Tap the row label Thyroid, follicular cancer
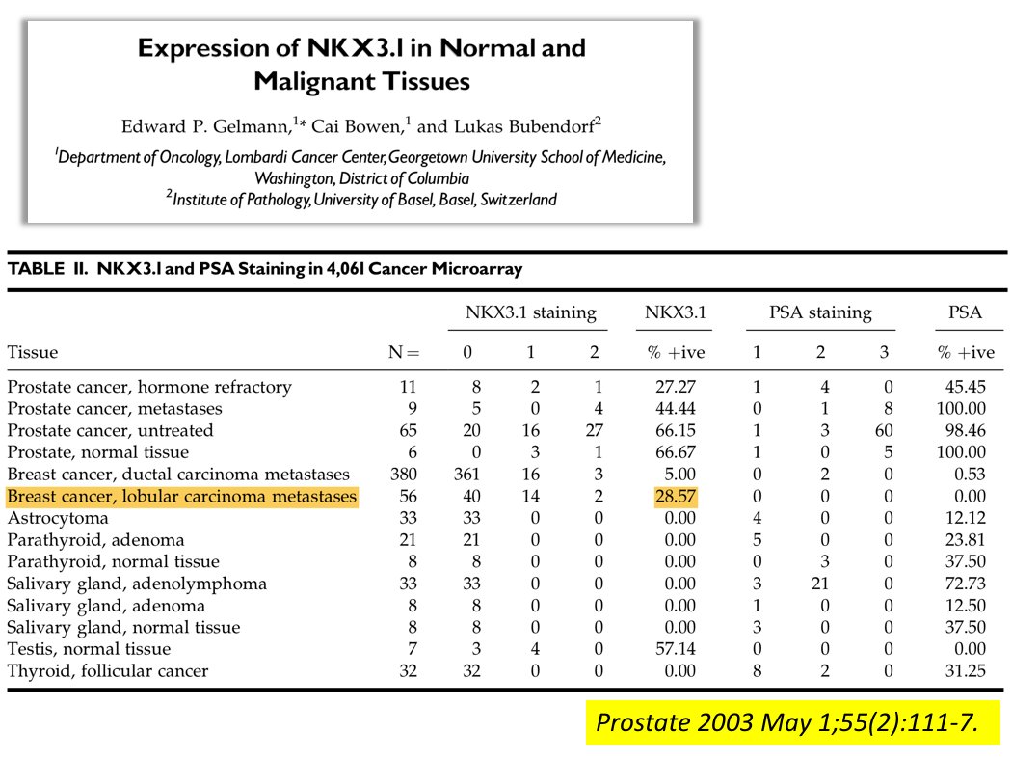click(107, 670)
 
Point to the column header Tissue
click(32, 352)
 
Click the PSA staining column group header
click(820, 312)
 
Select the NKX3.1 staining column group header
click(530, 312)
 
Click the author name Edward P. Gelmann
click(204, 126)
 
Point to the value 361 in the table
click(467, 475)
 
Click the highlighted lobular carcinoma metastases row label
click(182, 497)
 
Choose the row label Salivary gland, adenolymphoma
click(137, 584)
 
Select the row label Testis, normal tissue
click(89, 649)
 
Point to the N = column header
click(404, 352)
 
